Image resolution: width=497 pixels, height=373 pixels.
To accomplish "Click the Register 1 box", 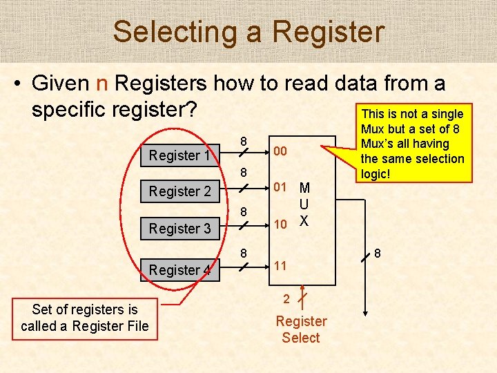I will tap(179, 155).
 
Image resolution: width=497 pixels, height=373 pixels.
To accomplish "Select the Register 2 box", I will tap(179, 191).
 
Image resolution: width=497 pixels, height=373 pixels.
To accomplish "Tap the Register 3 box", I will tap(179, 228).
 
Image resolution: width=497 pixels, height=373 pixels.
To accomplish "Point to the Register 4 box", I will tap(179, 269).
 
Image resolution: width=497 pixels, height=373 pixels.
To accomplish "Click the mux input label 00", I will tap(280, 151).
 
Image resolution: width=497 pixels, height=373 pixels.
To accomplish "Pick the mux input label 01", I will tap(280, 187).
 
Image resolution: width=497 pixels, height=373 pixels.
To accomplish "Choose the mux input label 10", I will tap(280, 224).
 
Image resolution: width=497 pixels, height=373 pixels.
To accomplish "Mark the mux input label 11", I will tap(280, 266).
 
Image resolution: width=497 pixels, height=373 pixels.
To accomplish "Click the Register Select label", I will tap(301, 329).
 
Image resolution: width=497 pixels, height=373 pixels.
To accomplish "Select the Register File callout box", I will tap(85, 318).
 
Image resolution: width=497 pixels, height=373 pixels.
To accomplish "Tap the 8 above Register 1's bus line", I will tap(244, 142).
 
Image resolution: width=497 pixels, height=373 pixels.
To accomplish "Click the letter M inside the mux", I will tap(304, 188).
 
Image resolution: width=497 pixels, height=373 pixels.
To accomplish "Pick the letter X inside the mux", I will tap(304, 221).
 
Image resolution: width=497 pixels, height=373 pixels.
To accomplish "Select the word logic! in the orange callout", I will tap(375, 174).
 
